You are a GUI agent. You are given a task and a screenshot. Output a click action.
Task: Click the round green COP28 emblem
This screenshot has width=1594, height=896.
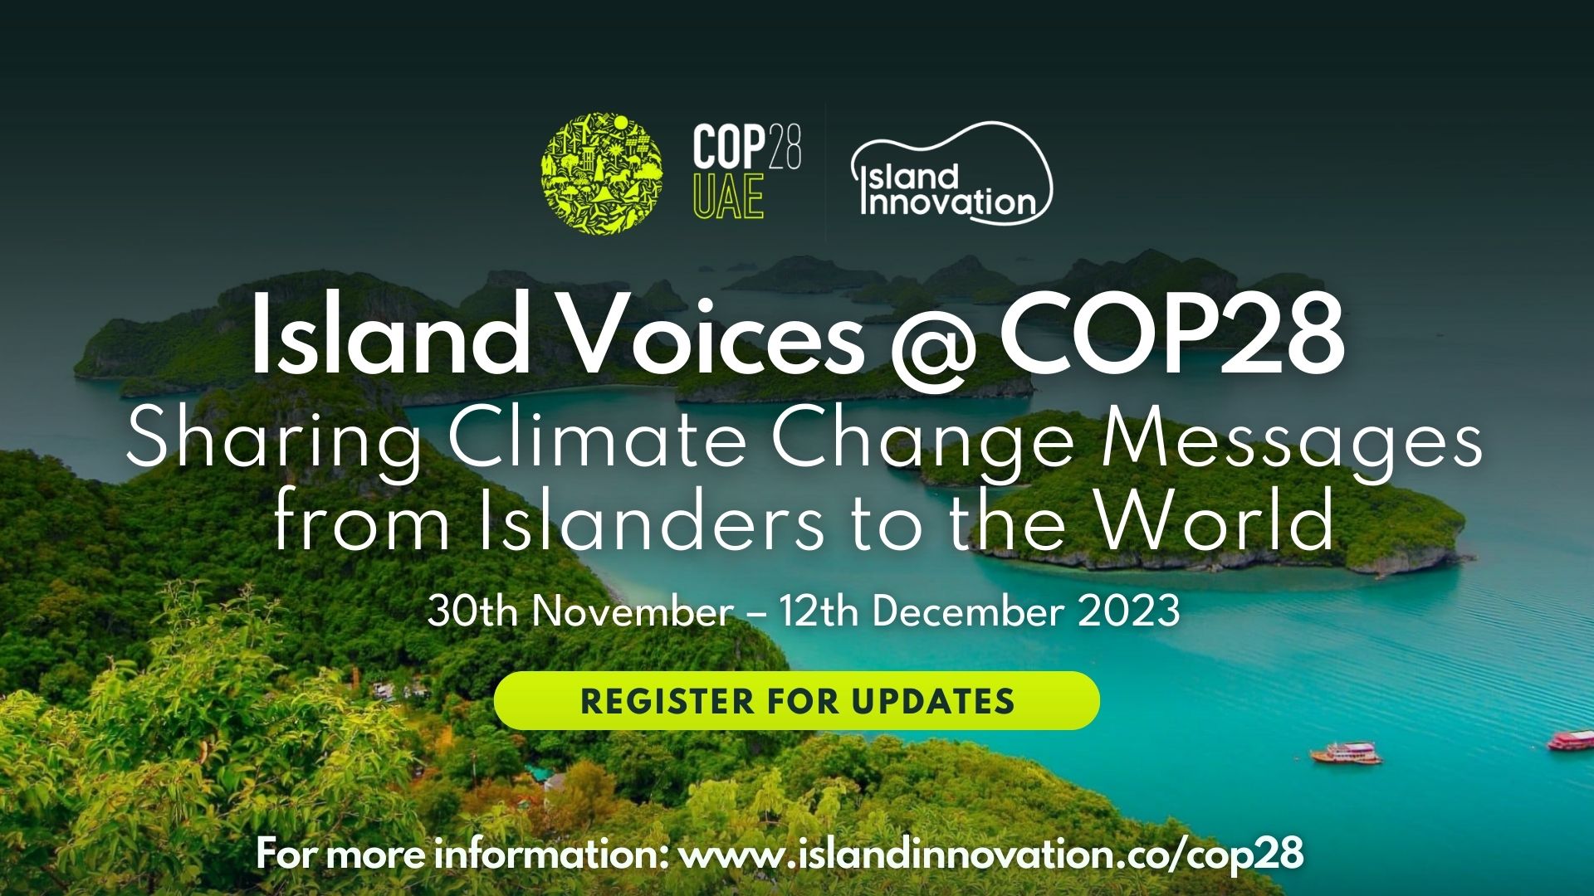(x=602, y=173)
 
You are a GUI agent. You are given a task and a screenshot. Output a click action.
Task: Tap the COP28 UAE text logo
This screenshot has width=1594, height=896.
(x=746, y=172)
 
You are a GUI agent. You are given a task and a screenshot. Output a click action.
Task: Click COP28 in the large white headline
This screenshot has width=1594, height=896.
(x=1171, y=334)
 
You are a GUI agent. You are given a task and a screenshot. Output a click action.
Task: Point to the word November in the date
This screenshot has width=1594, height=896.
(x=632, y=611)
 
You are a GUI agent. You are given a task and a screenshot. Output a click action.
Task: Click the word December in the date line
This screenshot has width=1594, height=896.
(x=968, y=611)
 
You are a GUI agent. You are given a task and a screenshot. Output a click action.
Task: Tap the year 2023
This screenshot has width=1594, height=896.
(x=1129, y=611)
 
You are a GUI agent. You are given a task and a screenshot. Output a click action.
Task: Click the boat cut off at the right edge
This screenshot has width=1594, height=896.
(x=1572, y=739)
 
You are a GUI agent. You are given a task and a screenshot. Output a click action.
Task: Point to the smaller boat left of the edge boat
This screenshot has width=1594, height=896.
(x=1346, y=752)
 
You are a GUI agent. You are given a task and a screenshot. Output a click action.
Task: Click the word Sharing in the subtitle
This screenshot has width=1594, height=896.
(x=273, y=441)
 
